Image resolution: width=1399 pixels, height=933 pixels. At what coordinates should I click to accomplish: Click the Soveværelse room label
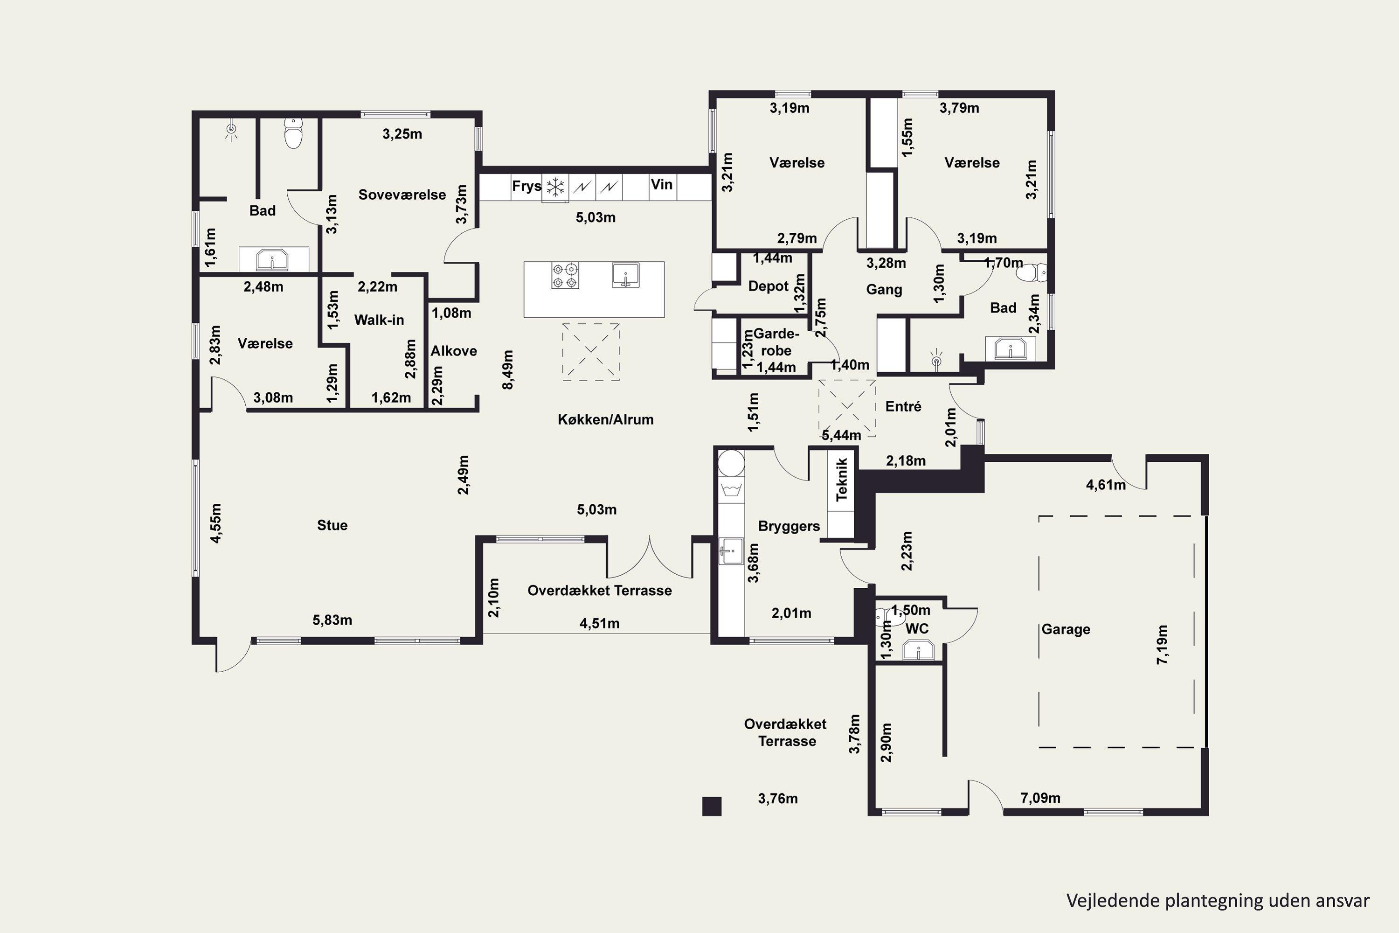402,195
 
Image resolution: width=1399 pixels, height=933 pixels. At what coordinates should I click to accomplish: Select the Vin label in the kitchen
661,184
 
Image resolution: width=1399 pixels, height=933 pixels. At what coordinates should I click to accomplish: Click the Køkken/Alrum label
605,419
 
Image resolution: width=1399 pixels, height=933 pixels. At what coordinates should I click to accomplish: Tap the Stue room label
332,525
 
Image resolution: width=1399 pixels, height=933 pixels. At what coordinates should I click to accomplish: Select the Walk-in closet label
379,320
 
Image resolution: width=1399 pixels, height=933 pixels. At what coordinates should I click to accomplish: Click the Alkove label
454,351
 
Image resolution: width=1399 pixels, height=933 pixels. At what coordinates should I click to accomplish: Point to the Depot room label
768,286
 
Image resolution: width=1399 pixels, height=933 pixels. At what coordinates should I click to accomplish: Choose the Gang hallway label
884,290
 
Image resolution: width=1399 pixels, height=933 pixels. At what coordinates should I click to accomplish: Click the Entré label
903,406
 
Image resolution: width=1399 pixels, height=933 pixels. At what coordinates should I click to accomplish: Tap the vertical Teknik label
842,479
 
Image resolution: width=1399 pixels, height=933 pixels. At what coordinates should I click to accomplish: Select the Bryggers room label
789,527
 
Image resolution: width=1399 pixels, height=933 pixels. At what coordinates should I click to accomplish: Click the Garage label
1066,629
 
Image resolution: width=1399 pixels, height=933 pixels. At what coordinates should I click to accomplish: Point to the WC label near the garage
917,629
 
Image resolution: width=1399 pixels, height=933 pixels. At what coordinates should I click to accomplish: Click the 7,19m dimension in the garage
1162,644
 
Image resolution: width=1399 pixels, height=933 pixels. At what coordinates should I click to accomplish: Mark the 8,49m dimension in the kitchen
508,369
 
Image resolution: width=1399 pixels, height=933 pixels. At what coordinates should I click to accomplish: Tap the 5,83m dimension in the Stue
332,620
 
